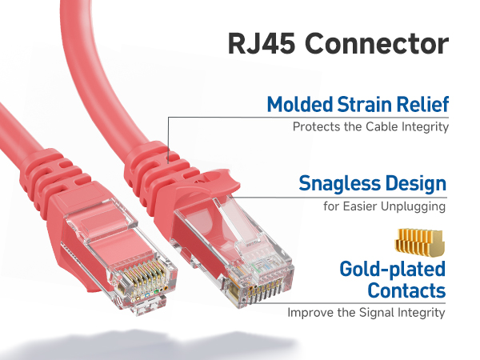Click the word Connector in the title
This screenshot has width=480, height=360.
[378, 43]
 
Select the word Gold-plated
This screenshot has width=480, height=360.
[392, 269]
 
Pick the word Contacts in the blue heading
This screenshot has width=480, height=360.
[403, 290]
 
